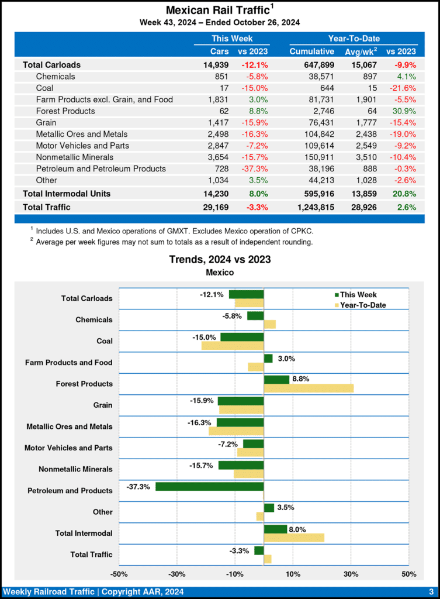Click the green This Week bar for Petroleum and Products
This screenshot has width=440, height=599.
[209, 486]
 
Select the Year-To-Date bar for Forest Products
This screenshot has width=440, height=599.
[309, 388]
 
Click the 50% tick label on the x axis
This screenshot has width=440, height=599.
[408, 574]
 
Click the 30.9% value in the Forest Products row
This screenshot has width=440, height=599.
[404, 111]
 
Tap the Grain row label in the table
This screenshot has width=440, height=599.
[46, 123]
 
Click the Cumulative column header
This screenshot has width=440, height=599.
[311, 51]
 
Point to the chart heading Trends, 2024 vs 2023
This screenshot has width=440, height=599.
[220, 259]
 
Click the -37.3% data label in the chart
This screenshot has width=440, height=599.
[138, 486]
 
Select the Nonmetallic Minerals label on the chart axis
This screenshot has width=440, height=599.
[75, 469]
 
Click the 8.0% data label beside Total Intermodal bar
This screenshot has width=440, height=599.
[298, 529]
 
